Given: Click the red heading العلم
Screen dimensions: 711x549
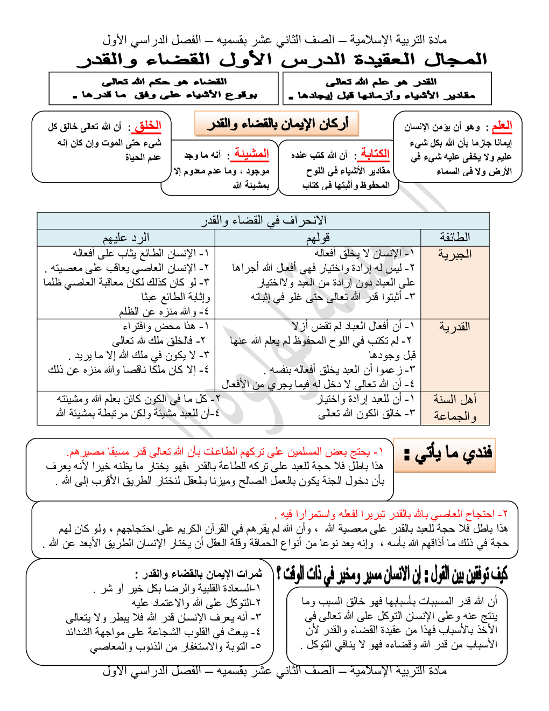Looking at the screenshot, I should (502, 126).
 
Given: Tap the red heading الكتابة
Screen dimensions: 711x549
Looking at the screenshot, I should (375, 154).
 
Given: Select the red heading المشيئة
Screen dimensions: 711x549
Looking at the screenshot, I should (251, 154).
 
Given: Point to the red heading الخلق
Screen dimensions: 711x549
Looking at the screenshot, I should (148, 126).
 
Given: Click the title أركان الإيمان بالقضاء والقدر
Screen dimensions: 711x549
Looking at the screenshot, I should (277, 124).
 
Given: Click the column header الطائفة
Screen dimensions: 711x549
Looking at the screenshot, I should (455, 237).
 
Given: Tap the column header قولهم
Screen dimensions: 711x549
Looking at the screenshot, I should (318, 237).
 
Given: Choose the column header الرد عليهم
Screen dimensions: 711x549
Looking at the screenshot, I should (126, 237).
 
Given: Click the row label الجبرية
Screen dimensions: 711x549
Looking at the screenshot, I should (455, 254).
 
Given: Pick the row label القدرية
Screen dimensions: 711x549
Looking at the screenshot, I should (455, 327).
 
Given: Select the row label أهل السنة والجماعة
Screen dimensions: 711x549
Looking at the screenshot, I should (455, 407).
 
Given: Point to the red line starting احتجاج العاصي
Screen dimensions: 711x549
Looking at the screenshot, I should (393, 513).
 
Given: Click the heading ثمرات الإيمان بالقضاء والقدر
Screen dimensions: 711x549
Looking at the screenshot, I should (199, 574).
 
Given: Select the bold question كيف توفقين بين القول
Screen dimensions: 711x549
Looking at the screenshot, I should (392, 574).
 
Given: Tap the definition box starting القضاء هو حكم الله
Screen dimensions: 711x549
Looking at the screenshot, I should (165, 88).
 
